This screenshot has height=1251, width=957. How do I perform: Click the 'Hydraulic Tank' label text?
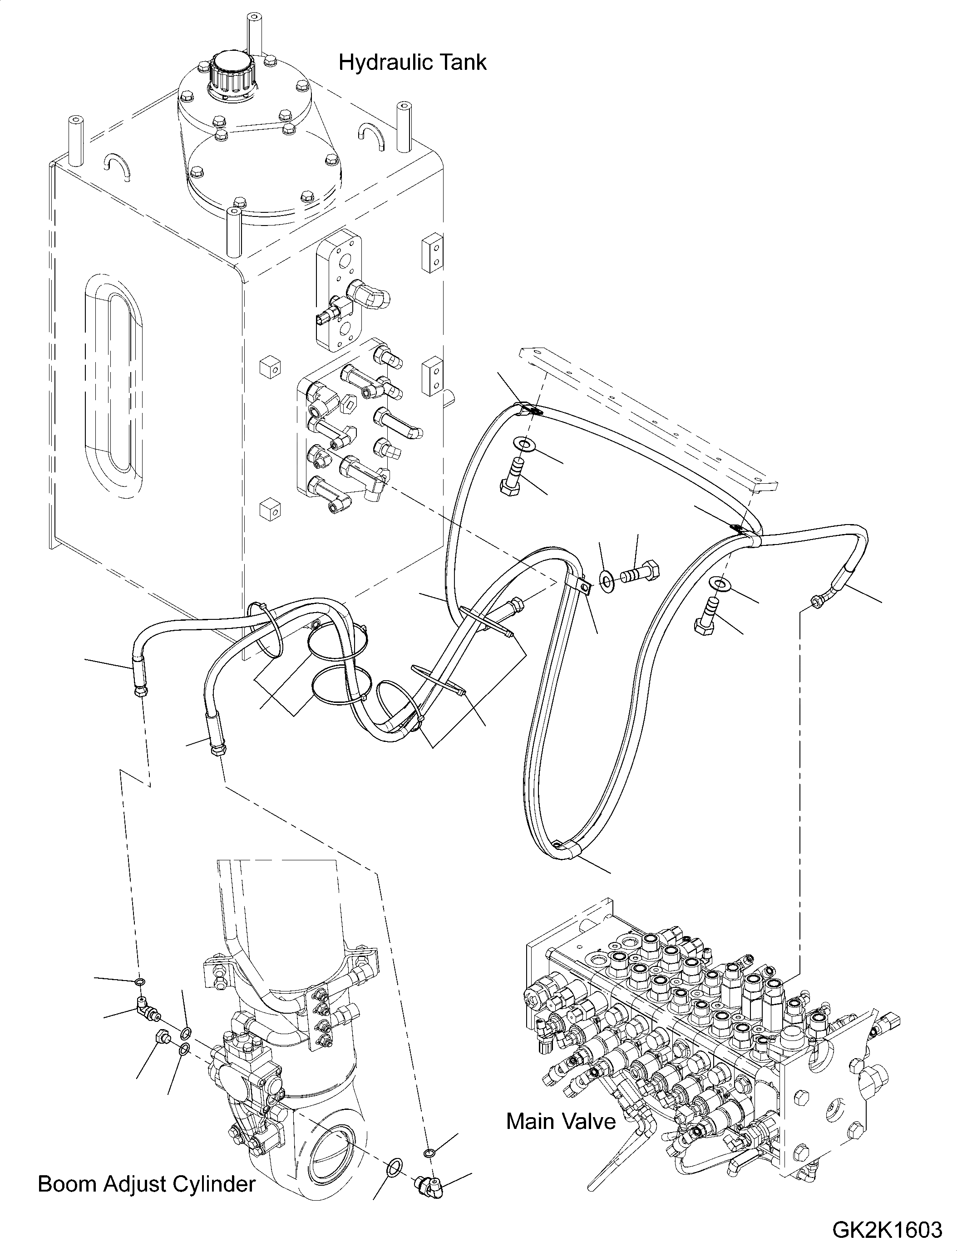412,62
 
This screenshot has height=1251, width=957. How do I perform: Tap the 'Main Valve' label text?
561,1121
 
